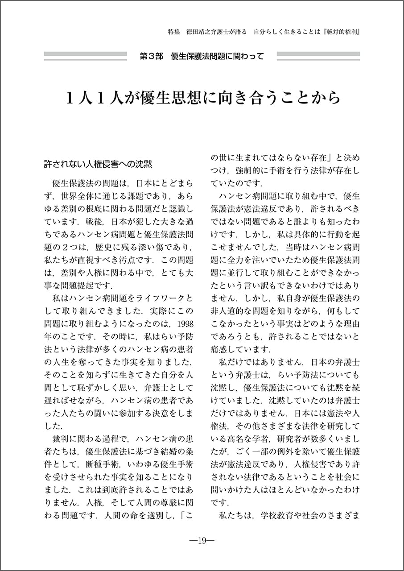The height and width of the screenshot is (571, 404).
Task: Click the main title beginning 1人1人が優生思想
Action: [202, 98]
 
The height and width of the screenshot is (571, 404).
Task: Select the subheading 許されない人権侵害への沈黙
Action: [98, 164]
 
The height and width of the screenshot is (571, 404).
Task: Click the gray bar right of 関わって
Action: [318, 56]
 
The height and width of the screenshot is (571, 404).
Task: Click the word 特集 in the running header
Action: [174, 33]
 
